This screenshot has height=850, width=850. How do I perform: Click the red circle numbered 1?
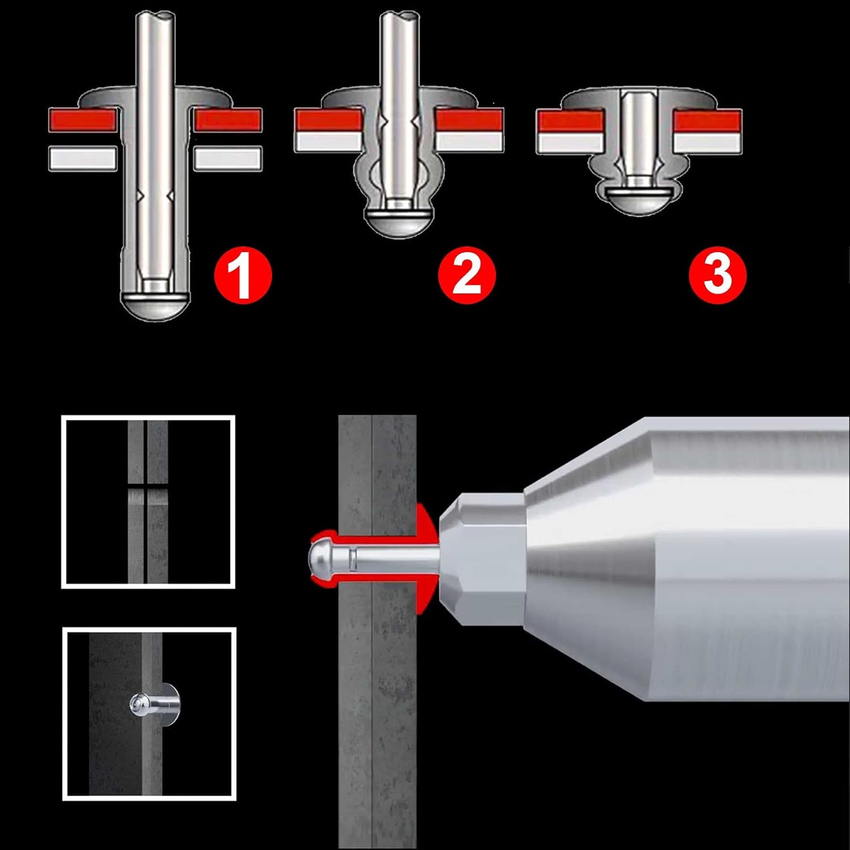243,275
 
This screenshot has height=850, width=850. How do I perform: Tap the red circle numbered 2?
467,275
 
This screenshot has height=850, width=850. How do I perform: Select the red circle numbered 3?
718,275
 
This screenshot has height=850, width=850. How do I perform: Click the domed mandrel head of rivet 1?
155,306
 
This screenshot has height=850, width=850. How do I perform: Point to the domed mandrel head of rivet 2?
397,223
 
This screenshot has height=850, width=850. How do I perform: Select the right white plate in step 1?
227,159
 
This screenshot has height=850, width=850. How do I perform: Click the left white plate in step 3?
569,142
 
